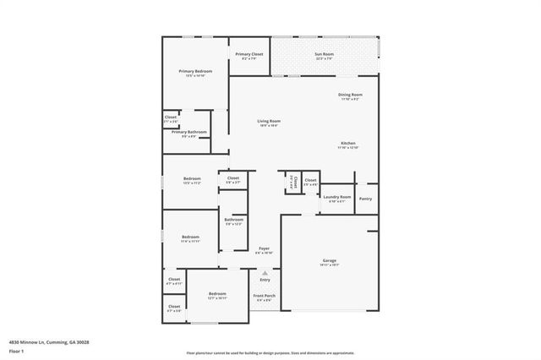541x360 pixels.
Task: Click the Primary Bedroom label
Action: tap(194, 71)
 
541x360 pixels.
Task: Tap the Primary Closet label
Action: tap(249, 54)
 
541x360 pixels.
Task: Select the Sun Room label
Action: tap(325, 54)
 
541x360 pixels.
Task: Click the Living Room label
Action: tap(269, 121)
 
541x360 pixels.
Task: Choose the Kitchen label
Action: tap(349, 143)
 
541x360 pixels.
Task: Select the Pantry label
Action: tap(365, 199)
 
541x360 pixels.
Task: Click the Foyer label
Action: tap(264, 248)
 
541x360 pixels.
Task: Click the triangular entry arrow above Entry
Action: tap(265, 273)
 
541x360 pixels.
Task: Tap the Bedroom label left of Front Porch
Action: tap(217, 294)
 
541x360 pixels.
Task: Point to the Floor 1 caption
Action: tap(16, 350)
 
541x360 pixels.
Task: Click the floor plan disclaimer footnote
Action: tap(270, 352)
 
